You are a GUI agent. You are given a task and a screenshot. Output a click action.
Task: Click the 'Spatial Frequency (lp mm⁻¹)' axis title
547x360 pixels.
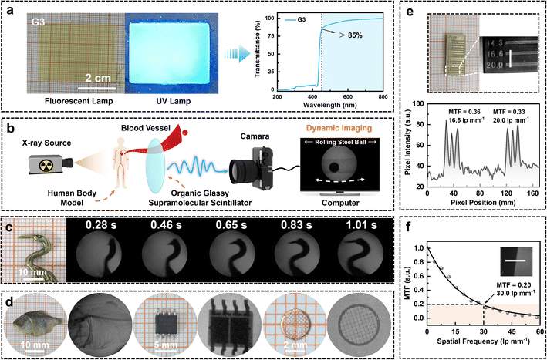pos(481,352)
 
